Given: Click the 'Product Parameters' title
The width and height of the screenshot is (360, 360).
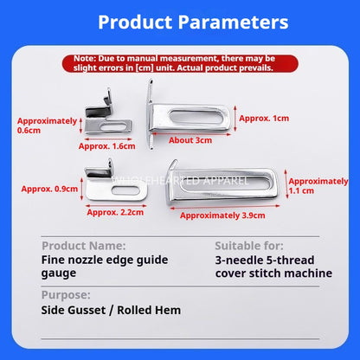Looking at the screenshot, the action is tap(193, 22).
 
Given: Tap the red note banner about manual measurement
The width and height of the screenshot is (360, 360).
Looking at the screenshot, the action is tap(180, 63).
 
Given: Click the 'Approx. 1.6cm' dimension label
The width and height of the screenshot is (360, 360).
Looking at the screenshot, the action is tap(107, 146).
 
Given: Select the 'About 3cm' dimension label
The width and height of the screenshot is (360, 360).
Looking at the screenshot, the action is tap(190, 140).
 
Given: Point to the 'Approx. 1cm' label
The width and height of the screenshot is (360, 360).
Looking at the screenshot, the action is tap(264, 119).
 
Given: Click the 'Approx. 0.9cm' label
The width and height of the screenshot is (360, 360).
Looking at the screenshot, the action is tap(49, 189).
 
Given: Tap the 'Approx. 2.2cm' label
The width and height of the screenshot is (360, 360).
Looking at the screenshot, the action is tap(115, 212).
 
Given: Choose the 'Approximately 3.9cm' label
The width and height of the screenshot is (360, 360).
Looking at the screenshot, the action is tap(222, 215).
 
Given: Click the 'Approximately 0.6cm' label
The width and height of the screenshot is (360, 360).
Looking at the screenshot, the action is tap(47, 125).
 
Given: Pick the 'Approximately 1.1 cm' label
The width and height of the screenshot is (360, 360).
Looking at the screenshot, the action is tap(318, 186).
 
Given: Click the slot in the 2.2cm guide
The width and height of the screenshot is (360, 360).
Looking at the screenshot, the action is tap(125, 190).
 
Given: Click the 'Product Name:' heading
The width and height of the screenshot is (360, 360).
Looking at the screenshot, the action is tap(84, 246).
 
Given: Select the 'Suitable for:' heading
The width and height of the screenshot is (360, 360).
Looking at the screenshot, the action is tap(249, 246).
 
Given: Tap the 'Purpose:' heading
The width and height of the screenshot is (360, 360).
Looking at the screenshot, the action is tap(66, 295).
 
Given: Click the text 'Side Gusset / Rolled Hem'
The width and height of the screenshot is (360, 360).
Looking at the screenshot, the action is tap(111, 310).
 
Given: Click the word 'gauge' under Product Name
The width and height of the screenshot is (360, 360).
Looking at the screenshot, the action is tap(59, 273).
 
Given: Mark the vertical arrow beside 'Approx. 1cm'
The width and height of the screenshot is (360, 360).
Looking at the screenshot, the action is tap(235, 119).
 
